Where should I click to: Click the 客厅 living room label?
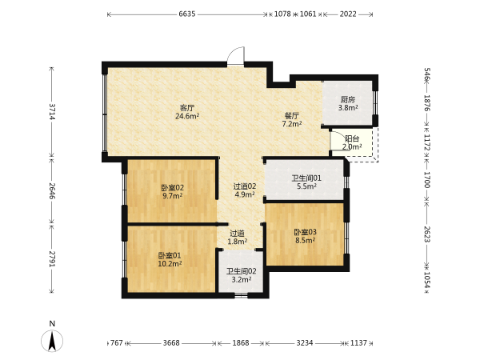(187, 108)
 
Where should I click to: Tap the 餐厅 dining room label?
(292, 116)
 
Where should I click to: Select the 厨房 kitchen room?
(348, 103)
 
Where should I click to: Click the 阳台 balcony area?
(352, 142)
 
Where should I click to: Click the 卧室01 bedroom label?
(170, 255)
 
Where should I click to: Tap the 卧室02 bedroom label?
(173, 188)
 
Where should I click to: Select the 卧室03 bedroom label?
(305, 232)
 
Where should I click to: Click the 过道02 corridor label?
(245, 186)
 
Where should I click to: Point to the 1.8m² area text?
(238, 242)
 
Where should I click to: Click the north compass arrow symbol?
(52, 341)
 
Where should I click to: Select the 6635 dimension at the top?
(187, 14)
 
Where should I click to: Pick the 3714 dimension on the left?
(52, 112)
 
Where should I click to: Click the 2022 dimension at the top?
(348, 14)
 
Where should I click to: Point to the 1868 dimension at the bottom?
(241, 343)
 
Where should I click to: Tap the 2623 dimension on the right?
(427, 234)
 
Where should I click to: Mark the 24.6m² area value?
(187, 116)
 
